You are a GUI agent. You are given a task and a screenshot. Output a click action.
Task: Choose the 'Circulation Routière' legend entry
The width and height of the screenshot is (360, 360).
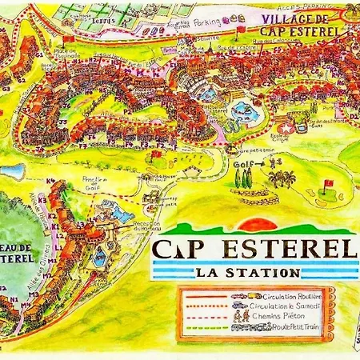[x=277, y=294]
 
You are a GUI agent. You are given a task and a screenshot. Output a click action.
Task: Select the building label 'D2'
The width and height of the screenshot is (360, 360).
[x=353, y=115]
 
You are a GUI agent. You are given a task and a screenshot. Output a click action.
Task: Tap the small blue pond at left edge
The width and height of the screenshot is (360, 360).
[x=11, y=170]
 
